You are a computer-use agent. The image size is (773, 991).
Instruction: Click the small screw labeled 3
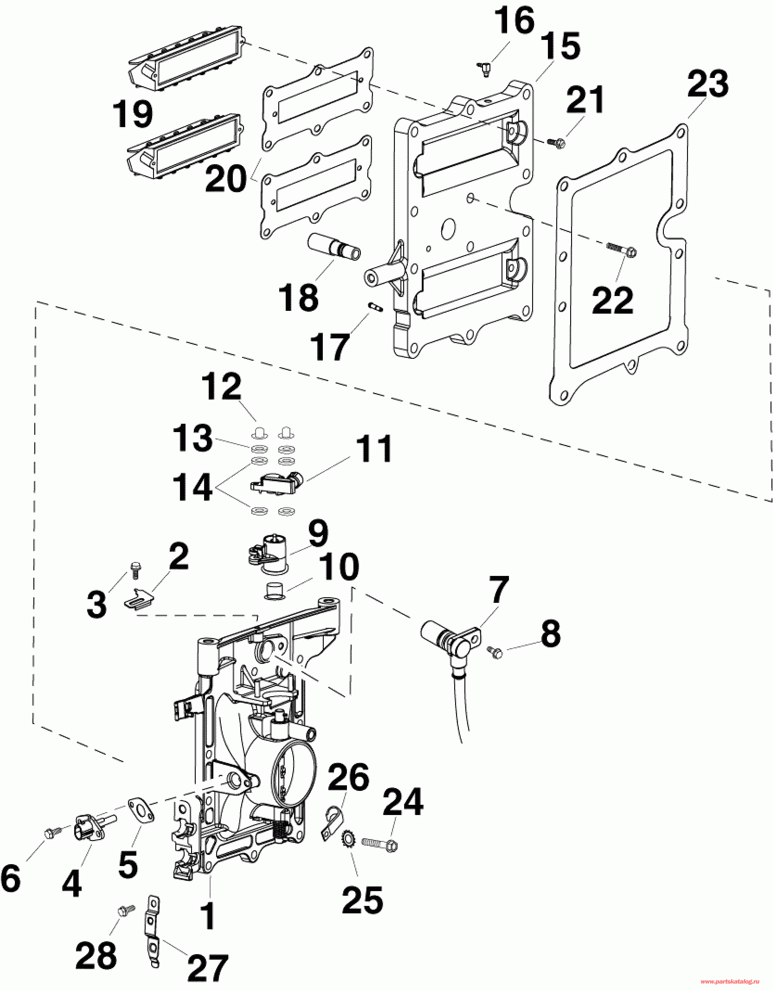(x=134, y=570)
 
